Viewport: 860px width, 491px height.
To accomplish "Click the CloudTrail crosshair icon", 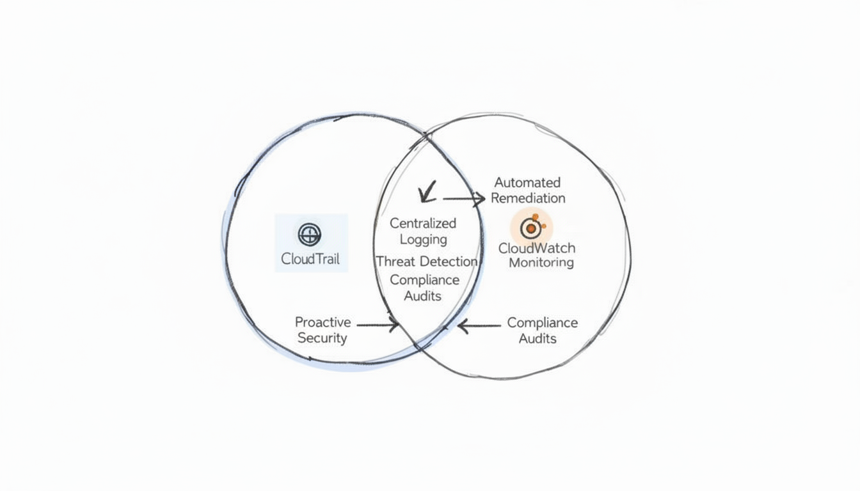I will tap(310, 235).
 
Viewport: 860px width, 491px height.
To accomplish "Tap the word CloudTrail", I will tap(310, 260).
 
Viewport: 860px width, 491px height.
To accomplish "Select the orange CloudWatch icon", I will tap(531, 228).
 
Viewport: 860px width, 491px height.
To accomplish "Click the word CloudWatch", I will tap(537, 248).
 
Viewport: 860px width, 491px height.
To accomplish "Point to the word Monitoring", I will tap(541, 263).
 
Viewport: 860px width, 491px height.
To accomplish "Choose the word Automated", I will tap(527, 183).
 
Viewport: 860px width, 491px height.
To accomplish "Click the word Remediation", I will tap(528, 198).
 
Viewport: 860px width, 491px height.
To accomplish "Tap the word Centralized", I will tap(423, 223).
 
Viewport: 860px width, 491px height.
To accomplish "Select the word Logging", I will tap(423, 239).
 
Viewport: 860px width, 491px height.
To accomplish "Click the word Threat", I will tap(396, 261).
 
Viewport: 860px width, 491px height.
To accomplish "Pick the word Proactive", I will tap(322, 322).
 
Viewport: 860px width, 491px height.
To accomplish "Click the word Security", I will tap(322, 338).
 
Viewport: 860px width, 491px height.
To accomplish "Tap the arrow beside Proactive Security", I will tap(378, 325).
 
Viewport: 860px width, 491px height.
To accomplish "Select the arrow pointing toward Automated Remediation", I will tap(464, 199).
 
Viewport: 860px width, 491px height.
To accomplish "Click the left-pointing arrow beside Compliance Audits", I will tap(479, 327).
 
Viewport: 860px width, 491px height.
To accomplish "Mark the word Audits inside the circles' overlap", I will tap(423, 296).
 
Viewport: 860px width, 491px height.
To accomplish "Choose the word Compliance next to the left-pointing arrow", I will tap(542, 323).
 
